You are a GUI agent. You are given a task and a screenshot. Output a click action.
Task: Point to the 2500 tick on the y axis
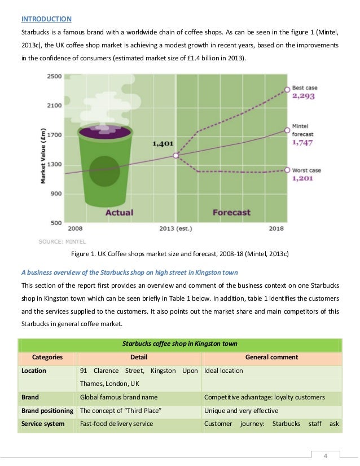point(54,76)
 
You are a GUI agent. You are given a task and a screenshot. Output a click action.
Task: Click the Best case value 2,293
point(303,96)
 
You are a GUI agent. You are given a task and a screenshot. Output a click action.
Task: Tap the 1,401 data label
point(163,144)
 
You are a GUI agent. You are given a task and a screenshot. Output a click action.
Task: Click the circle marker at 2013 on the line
point(175,155)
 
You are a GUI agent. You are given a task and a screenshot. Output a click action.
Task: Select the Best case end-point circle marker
point(287,89)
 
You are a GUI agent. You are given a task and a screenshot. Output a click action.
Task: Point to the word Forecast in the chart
point(231,213)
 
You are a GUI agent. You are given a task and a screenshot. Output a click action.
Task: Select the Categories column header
point(47,357)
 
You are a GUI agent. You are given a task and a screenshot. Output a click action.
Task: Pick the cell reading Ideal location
point(223,371)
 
